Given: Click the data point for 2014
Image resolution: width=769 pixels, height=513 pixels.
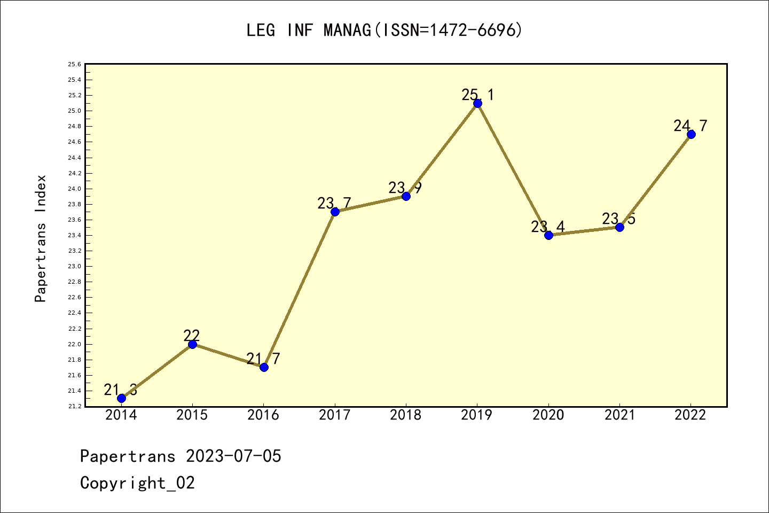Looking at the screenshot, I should pyautogui.click(x=121, y=398).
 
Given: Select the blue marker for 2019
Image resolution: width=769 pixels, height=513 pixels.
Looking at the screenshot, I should pyautogui.click(x=477, y=103).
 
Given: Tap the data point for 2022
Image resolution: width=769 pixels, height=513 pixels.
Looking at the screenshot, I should pyautogui.click(x=691, y=134).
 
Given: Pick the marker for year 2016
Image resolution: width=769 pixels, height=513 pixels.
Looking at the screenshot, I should pyautogui.click(x=264, y=367).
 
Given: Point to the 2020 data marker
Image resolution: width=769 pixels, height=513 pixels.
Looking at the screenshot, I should pyautogui.click(x=548, y=235).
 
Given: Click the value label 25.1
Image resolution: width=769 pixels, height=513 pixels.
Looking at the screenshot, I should pyautogui.click(x=478, y=95).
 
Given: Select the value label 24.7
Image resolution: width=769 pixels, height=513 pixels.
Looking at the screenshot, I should pyautogui.click(x=690, y=126).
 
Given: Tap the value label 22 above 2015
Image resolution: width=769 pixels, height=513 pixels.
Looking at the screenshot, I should pyautogui.click(x=192, y=336).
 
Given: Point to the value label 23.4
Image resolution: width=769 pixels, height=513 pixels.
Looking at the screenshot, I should pyautogui.click(x=547, y=227).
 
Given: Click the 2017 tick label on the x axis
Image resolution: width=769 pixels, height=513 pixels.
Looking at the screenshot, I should pyautogui.click(x=335, y=415).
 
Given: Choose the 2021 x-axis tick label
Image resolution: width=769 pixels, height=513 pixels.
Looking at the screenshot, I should pyautogui.click(x=619, y=415).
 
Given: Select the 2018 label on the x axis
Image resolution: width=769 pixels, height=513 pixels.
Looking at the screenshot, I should pyautogui.click(x=406, y=415).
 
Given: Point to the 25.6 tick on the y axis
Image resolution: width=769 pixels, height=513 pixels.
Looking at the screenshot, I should pyautogui.click(x=74, y=65).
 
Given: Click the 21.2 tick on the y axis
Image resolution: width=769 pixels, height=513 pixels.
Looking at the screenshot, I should pyautogui.click(x=74, y=407).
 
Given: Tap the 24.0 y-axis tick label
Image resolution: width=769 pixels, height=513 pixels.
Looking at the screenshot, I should pyautogui.click(x=74, y=189).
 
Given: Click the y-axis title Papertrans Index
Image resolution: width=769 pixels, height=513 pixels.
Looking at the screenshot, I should pyautogui.click(x=41, y=238).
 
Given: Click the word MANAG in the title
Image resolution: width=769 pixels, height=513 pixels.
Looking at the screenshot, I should pyautogui.click(x=347, y=30).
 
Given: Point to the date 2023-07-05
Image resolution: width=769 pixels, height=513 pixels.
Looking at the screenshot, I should pyautogui.click(x=233, y=456).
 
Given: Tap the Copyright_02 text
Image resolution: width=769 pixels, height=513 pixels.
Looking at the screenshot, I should pyautogui.click(x=137, y=483).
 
